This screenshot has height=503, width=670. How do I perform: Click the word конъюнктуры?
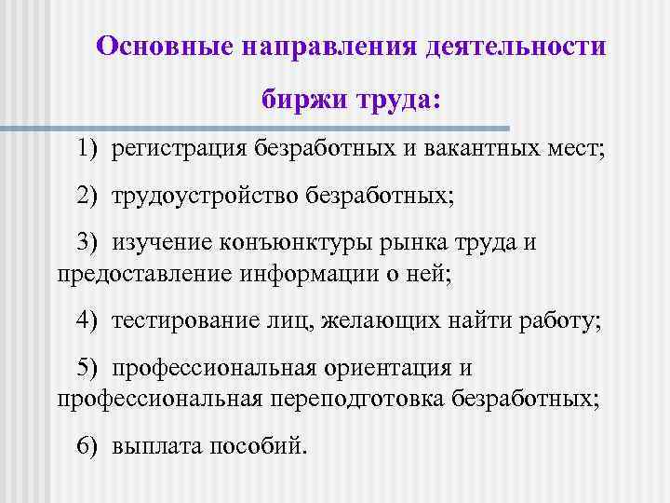click(x=299, y=244)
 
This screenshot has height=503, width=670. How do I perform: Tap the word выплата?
click(x=149, y=447)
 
